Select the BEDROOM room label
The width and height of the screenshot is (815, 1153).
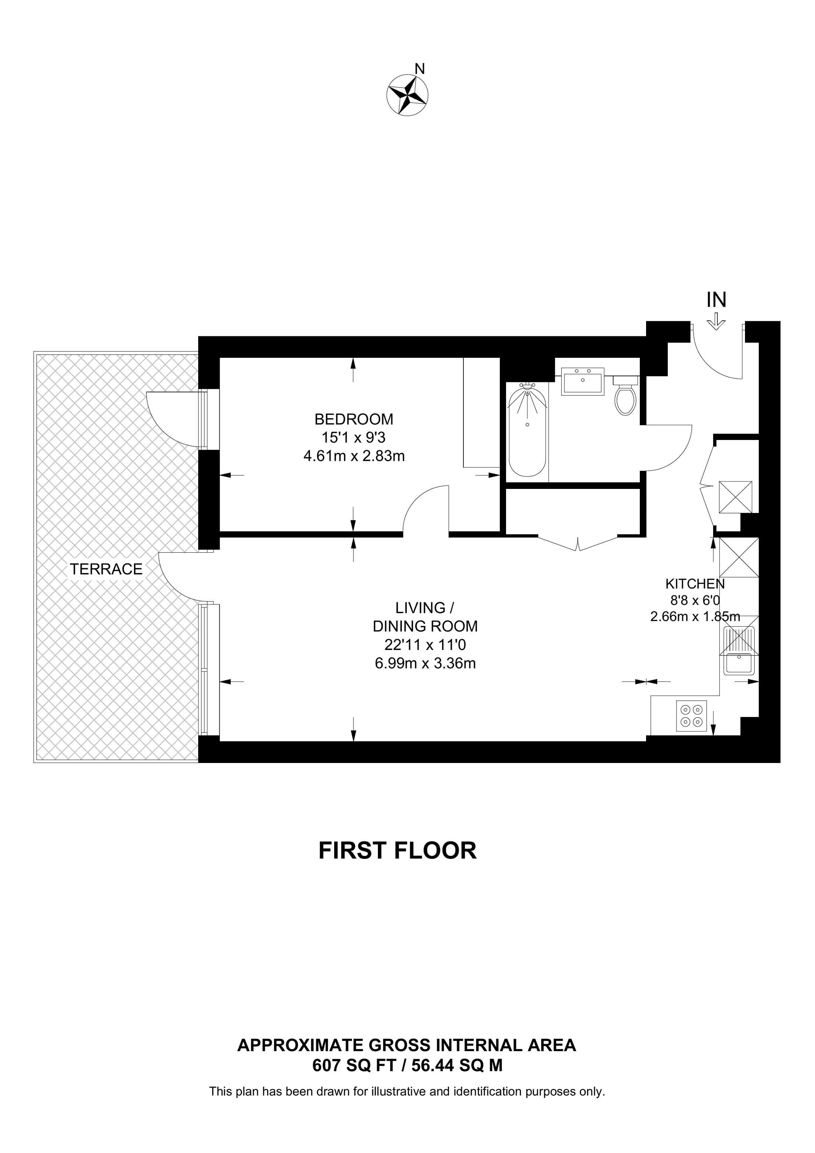354,419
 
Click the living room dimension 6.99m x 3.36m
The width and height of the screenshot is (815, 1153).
425,663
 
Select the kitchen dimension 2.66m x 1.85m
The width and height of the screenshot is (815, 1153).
695,617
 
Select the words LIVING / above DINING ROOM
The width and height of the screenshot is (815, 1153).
425,608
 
